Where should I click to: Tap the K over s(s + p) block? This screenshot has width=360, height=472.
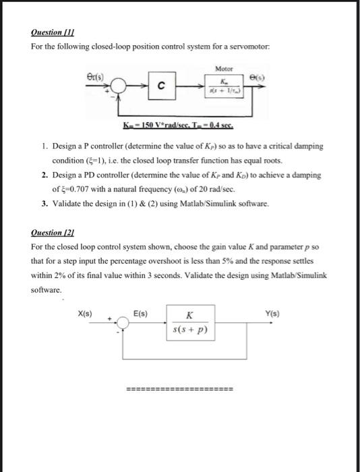tap(189, 324)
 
